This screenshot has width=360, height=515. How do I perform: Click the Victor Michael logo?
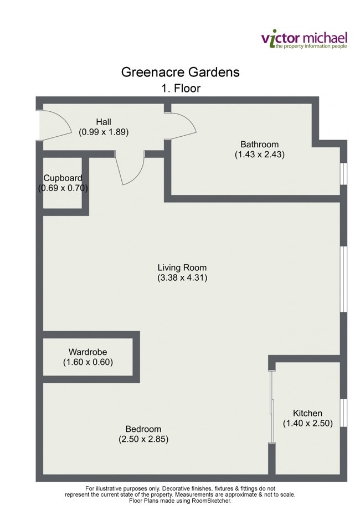click(304, 40)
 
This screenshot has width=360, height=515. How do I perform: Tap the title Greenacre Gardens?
click(181, 72)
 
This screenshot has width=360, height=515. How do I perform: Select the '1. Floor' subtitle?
click(181, 89)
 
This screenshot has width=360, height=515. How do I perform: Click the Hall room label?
click(104, 122)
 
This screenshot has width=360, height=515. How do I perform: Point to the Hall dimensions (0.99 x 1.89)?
click(104, 132)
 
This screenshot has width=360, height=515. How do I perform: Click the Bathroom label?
click(260, 144)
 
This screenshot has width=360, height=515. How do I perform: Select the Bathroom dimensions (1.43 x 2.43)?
click(260, 154)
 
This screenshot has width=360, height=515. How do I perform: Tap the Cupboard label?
click(63, 178)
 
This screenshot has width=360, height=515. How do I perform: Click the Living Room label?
click(182, 267)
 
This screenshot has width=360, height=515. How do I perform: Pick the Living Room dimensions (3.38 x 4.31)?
click(182, 278)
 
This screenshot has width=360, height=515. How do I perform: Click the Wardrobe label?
click(88, 352)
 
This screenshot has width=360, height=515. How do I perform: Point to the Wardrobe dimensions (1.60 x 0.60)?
click(88, 362)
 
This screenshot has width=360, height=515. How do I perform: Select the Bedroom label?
click(143, 429)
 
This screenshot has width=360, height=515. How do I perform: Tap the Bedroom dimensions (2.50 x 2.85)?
click(143, 439)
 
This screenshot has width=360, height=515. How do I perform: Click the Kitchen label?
click(307, 413)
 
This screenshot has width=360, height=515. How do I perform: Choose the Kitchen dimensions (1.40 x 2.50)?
click(308, 424)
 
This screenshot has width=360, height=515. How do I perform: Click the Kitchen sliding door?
click(271, 406)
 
